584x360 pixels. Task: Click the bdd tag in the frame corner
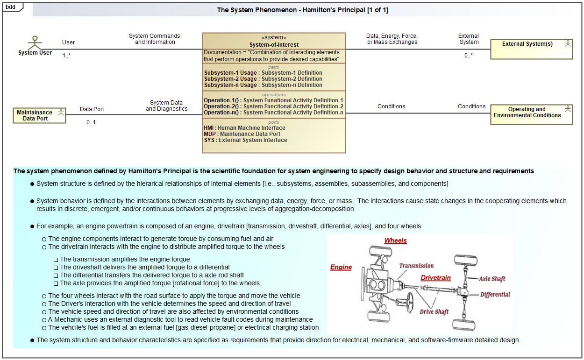[11, 7]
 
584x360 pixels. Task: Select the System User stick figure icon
[35, 42]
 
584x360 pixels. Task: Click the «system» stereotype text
[274, 38]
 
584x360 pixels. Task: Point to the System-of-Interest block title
[274, 45]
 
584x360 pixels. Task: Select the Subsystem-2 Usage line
[263, 79]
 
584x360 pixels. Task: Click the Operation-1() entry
[273, 100]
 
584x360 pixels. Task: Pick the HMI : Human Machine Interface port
[244, 128]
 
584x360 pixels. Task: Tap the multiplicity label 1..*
[67, 56]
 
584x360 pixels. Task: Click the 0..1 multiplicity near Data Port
[91, 122]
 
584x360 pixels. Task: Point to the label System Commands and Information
[155, 39]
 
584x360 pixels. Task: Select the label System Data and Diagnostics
[167, 106]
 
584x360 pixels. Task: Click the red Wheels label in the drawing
[395, 240]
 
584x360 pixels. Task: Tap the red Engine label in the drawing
[341, 267]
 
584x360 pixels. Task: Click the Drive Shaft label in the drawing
[434, 312]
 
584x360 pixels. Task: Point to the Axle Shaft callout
[492, 279]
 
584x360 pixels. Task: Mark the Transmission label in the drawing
[416, 266]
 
